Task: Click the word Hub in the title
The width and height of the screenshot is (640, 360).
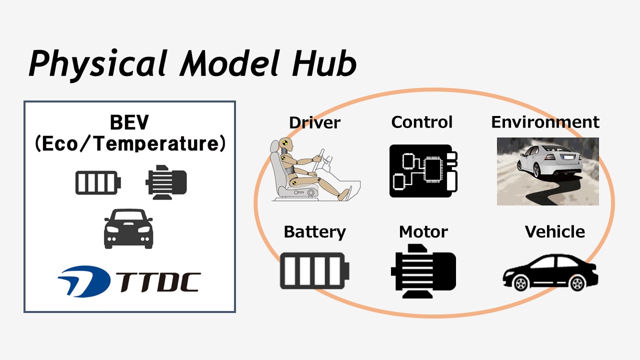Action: pos(324,63)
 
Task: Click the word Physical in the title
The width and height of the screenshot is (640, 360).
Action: pos(97,65)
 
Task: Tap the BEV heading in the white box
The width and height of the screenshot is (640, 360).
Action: pos(129,122)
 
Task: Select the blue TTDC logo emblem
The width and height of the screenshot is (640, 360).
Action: pos(84,281)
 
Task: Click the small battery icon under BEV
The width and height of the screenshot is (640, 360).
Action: pos(98,182)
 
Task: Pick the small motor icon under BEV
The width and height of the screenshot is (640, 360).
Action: pos(166,182)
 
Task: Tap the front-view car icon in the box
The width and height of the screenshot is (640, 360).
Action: pos(128,228)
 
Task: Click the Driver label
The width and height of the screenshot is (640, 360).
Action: pos(314,123)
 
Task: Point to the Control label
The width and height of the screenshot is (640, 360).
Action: pos(421,122)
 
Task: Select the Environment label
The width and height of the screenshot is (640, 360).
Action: pos(545,122)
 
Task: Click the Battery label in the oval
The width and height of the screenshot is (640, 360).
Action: pos(314,232)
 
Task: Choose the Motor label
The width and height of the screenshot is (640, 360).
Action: pos(423,231)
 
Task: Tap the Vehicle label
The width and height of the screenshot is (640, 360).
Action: pos(555,231)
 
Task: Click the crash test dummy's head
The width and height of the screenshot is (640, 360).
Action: pos(286,145)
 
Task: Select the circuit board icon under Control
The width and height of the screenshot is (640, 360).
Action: pos(423,171)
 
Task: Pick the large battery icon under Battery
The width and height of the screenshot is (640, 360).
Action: pos(314,270)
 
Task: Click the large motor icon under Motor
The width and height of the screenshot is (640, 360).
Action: pos(423,271)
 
